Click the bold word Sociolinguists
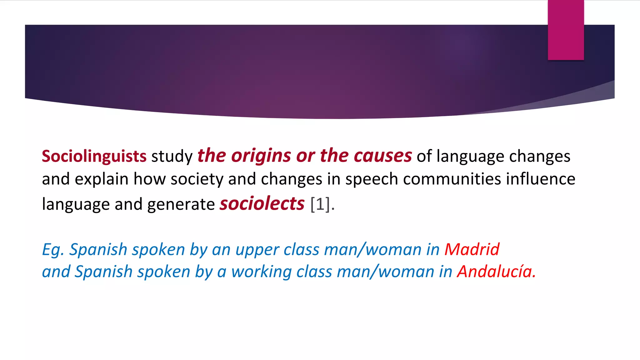pos(94,156)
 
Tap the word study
pos(172,157)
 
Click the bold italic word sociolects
pos(262,204)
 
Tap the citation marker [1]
pos(320,204)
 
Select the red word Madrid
pos(472,250)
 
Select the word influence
pos(541,179)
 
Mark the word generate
pos(181,205)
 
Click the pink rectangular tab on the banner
pos(566,30)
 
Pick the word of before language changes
pos(424,156)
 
